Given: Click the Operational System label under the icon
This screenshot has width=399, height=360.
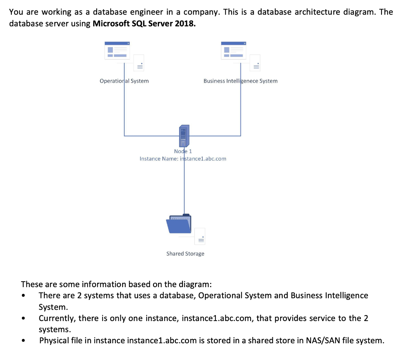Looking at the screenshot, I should coord(124,81).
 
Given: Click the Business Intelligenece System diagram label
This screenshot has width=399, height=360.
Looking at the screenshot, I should coord(240,81).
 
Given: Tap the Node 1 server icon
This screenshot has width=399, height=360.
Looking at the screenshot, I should coord(184,136).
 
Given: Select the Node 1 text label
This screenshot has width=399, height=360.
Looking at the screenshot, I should coord(183,151).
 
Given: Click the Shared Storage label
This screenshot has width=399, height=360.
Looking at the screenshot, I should coord(185,254).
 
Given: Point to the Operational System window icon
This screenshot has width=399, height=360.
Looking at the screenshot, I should coord(117,50).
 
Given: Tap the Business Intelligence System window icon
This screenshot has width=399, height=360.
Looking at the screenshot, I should coord(234,50).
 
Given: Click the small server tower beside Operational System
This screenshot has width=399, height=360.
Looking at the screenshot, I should coord(139,63).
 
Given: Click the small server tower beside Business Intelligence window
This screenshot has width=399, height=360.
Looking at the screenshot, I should coord(255,63).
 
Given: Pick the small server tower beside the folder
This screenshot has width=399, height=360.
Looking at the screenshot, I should coord(200,236).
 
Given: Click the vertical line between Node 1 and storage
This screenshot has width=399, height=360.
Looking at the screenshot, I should coord(184,187).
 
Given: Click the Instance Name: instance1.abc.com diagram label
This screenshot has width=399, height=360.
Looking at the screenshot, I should coord(183,159).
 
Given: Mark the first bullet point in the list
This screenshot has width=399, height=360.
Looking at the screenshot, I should coord(24,296).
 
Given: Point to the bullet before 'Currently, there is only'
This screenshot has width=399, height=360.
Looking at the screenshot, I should coord(24,318).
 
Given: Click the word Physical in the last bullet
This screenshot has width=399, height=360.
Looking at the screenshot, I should coord(54,341).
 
